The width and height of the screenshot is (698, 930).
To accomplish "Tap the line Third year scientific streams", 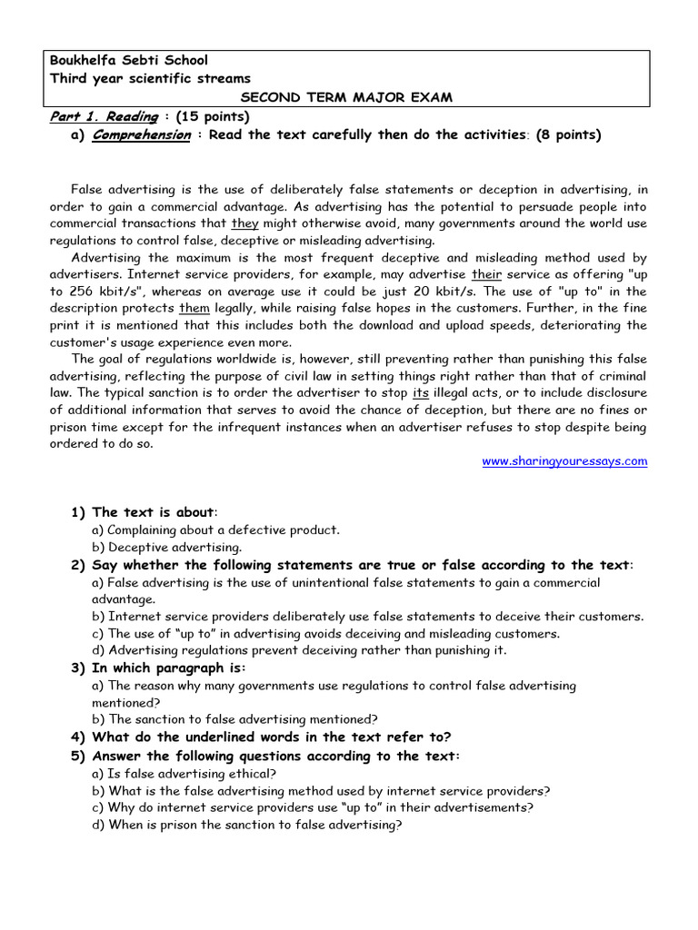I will point(149,79).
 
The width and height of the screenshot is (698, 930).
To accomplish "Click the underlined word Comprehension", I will point(141,134).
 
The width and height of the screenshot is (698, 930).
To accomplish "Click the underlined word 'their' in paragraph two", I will point(486,274).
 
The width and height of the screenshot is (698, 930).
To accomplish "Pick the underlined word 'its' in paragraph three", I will point(420,392).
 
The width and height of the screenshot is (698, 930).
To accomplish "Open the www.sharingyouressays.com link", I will point(564,461).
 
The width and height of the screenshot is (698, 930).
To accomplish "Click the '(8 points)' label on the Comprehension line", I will point(568,134).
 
